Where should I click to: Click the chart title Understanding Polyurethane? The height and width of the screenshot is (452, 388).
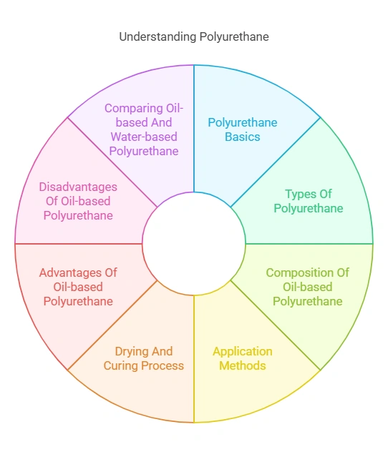[x=194, y=36]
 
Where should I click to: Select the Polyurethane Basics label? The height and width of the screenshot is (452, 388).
[x=243, y=129]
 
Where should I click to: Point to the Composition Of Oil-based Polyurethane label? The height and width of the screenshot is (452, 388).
[x=307, y=287]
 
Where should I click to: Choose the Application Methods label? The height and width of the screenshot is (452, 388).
[x=243, y=358]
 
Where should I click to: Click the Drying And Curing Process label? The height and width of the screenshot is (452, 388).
[x=143, y=358]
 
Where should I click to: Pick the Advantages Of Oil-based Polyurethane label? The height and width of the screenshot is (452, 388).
[x=78, y=287]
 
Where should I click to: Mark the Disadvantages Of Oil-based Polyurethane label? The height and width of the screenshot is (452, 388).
[x=78, y=201]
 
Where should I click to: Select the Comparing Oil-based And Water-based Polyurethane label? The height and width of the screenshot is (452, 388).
[x=144, y=129]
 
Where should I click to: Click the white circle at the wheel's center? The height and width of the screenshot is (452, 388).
[x=194, y=244]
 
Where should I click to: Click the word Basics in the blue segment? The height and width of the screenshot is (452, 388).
[x=243, y=137]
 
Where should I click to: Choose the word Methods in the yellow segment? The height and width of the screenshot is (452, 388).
[x=243, y=365]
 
